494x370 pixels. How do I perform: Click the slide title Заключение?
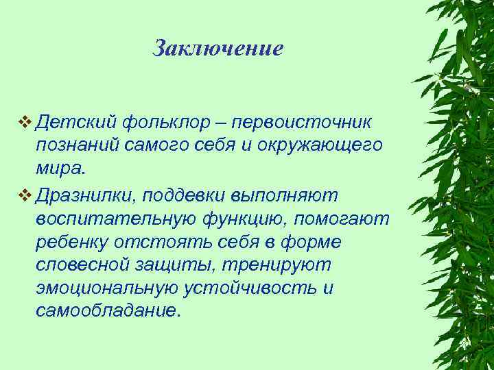click(217, 49)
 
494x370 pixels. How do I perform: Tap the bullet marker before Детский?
click(25, 123)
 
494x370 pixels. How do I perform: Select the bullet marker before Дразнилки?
click(25, 195)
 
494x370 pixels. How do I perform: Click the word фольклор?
click(172, 123)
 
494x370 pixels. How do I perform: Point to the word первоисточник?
click(302, 123)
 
